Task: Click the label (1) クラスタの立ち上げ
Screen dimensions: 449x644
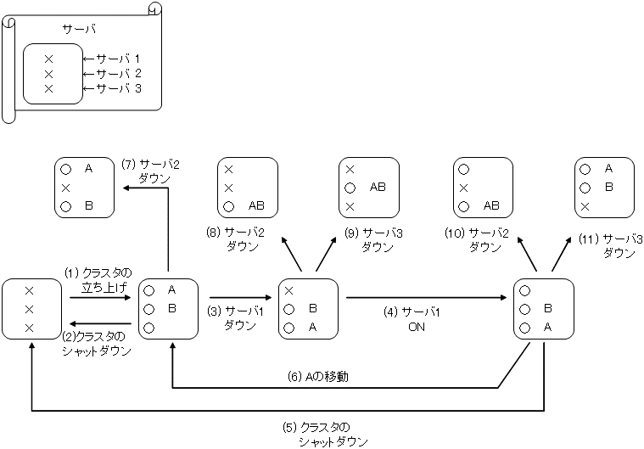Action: tap(98, 280)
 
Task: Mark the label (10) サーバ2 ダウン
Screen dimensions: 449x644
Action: tap(484, 239)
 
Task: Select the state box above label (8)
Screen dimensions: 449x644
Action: tap(248, 187)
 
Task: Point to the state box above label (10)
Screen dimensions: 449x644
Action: tap(484, 187)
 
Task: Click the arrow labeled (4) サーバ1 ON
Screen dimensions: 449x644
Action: tap(429, 298)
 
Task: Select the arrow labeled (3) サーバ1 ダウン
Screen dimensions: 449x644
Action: tap(243, 298)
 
